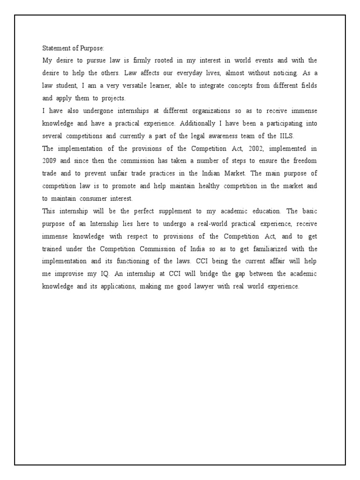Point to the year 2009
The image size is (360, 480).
pyautogui.click(x=50, y=161)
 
